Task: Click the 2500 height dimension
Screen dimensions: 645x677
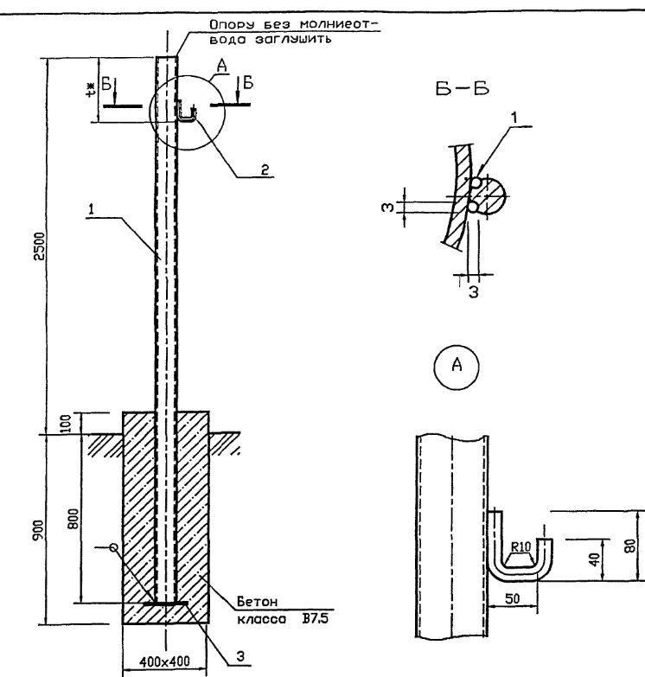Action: coord(39,246)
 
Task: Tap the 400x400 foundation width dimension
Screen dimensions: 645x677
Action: coord(164,661)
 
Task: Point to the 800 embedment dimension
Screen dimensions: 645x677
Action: coord(73,519)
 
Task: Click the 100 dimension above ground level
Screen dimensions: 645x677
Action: coord(65,424)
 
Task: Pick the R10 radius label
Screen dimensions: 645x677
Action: coord(520,547)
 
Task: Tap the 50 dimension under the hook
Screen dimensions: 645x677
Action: coord(512,599)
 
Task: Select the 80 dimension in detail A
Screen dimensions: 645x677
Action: coord(630,546)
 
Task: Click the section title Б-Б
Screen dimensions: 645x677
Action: coord(462,89)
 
